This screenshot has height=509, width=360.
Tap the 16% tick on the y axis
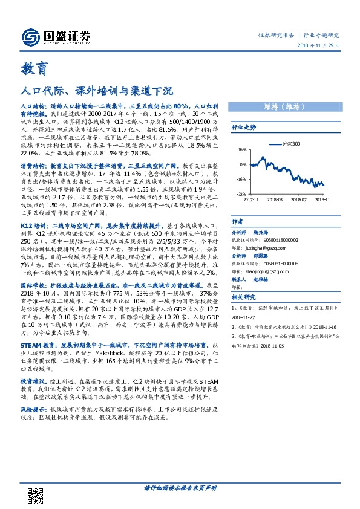coord(241,149)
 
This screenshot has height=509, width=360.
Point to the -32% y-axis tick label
coord(241,194)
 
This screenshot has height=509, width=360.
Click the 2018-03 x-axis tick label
coord(275,198)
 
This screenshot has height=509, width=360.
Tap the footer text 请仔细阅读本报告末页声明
coord(180,488)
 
